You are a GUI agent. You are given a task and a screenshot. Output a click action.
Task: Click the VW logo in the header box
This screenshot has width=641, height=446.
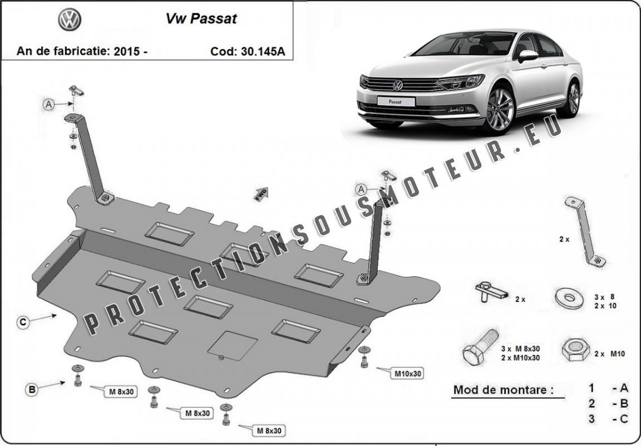pyautogui.click(x=70, y=19)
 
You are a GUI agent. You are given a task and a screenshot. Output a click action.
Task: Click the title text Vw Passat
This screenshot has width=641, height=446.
pyautogui.click(x=201, y=19)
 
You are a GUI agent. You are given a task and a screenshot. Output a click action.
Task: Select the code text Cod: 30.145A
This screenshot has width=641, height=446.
pyautogui.click(x=248, y=52)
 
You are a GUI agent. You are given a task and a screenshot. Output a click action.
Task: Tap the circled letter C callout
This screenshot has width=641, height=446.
pyautogui.click(x=23, y=322)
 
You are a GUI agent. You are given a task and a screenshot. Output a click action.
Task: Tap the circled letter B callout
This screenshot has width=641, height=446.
pyautogui.click(x=32, y=389)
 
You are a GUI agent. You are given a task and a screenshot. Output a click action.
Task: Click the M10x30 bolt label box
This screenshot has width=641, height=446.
pyautogui.click(x=407, y=373)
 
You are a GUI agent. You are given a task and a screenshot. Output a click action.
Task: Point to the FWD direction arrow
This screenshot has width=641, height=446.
pyautogui.click(x=261, y=194)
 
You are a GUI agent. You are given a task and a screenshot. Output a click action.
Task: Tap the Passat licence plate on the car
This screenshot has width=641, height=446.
pyautogui.click(x=396, y=101)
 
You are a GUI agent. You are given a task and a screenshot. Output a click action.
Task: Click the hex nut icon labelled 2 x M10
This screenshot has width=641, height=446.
pyautogui.click(x=576, y=350)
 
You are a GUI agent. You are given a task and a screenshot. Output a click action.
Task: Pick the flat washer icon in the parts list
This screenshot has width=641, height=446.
pyautogui.click(x=569, y=298)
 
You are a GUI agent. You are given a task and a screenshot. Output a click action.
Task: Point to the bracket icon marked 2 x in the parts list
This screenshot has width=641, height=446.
pyautogui.click(x=585, y=231)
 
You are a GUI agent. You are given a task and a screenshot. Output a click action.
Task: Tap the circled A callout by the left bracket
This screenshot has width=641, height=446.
pyautogui.click(x=48, y=105)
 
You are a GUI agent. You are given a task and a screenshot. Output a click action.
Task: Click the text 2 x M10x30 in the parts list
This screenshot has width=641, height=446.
pyautogui.click(x=520, y=358)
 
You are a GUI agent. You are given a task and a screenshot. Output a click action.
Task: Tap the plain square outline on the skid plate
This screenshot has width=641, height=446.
pyautogui.click(x=233, y=345)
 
